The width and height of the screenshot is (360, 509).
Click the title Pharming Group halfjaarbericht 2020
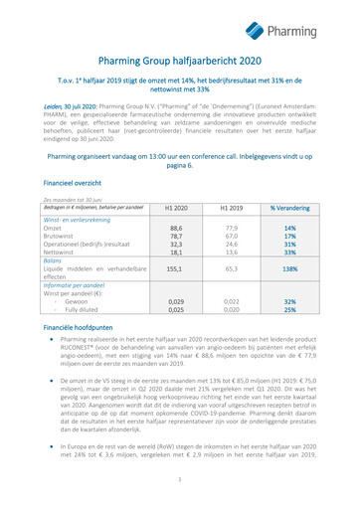coord(180,62)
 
